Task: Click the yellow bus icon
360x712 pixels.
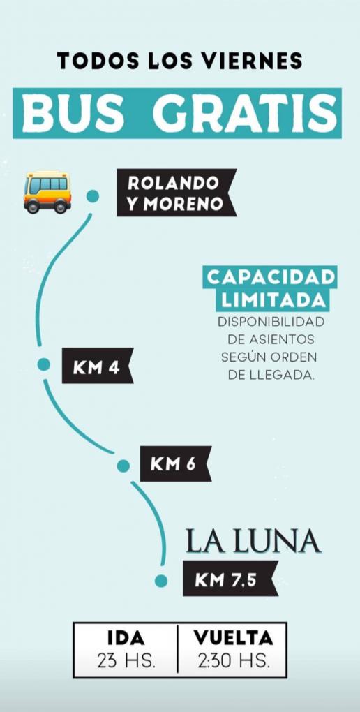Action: (x=47, y=192)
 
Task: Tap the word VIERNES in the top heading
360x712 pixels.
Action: (x=253, y=61)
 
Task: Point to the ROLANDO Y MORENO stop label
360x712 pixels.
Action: (x=176, y=193)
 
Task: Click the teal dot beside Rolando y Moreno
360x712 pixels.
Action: (x=93, y=195)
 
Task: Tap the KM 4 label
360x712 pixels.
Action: (x=97, y=366)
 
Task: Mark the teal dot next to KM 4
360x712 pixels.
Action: (x=43, y=364)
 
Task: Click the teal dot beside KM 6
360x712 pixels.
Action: (x=123, y=466)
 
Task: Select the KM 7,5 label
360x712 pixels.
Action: (x=230, y=579)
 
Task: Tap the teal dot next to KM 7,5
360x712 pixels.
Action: (x=160, y=581)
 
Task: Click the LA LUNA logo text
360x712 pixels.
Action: (x=253, y=542)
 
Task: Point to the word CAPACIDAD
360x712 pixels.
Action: (x=271, y=277)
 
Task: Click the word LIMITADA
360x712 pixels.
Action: (x=270, y=300)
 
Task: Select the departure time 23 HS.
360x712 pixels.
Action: (x=126, y=661)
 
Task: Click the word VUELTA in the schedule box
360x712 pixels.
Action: (x=233, y=638)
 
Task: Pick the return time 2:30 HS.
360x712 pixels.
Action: (x=234, y=661)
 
